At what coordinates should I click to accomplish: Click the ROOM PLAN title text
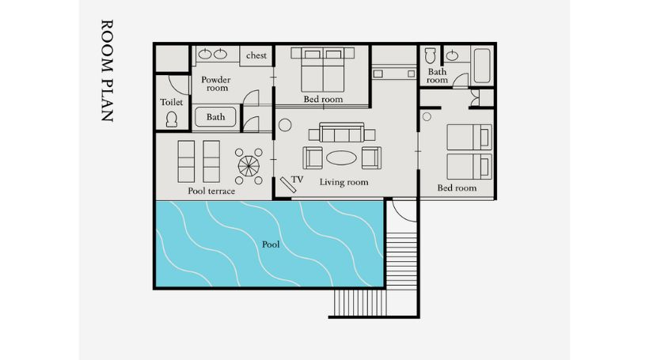[107, 70]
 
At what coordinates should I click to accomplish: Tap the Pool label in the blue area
[271, 244]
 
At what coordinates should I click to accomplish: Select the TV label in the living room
[297, 180]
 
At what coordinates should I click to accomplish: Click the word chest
[256, 55]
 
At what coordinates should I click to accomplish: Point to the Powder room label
[216, 84]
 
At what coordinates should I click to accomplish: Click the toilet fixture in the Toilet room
[172, 119]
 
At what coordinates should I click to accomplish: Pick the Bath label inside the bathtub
[215, 117]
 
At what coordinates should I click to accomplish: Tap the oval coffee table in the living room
[341, 157]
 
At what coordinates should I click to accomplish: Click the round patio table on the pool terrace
[249, 166]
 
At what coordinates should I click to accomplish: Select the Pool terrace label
[211, 191]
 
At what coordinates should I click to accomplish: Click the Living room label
[343, 182]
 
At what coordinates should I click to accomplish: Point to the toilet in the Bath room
[430, 56]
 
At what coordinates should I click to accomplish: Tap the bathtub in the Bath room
[482, 66]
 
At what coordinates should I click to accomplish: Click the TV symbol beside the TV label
[288, 185]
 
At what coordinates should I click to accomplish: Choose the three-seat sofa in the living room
[341, 132]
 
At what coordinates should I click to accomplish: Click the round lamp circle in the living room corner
[285, 125]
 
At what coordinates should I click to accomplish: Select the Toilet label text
[172, 102]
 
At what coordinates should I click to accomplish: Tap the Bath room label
[438, 76]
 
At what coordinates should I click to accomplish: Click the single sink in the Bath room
[452, 55]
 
